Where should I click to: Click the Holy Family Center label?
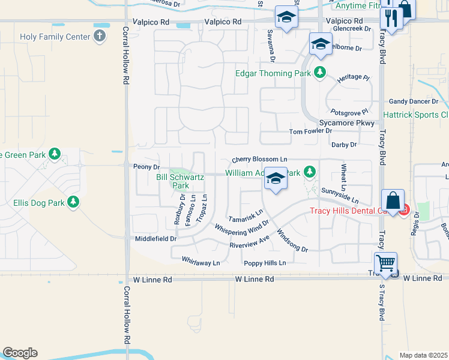[x=55, y=37]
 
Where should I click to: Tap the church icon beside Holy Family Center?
[x=100, y=37]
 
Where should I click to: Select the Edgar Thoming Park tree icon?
[x=320, y=73]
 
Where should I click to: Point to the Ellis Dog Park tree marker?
[x=74, y=202]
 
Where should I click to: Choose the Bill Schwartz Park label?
[x=181, y=181]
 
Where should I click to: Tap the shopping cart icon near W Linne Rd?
[x=385, y=263]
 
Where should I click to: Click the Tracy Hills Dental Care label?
[x=354, y=210]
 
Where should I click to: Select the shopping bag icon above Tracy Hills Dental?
[x=392, y=200]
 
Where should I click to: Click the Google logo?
[x=20, y=353]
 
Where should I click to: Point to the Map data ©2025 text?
[x=423, y=355]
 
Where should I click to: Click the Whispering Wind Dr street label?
[x=242, y=229]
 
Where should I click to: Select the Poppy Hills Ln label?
[x=265, y=263]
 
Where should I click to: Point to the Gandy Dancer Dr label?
[x=414, y=101]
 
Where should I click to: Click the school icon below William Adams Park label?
[x=276, y=179]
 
